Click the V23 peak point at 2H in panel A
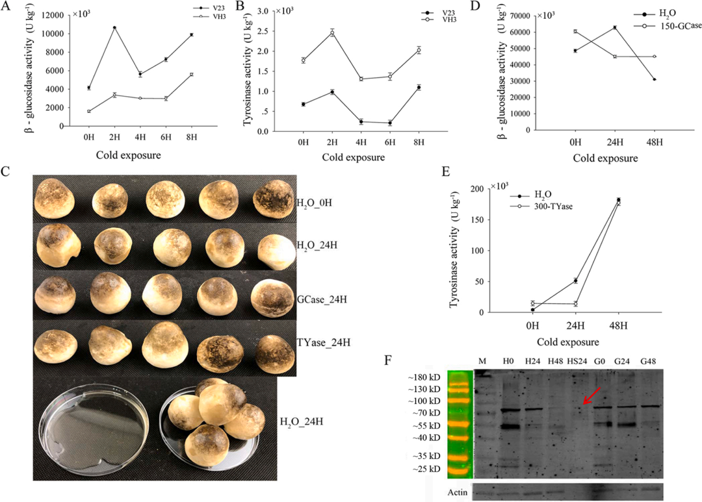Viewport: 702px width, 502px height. click(x=114, y=27)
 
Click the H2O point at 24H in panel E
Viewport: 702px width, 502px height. click(x=575, y=281)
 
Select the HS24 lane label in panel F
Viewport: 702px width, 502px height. click(x=577, y=361)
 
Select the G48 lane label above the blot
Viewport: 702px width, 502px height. click(x=651, y=361)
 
